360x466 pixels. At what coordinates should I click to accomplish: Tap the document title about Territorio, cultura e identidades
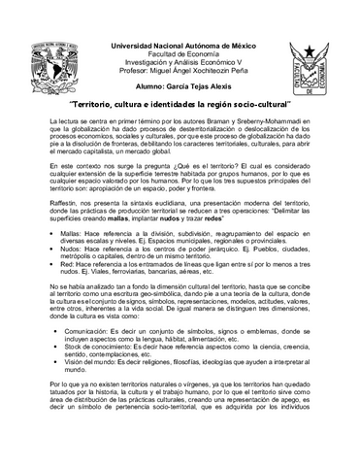[180, 100]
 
